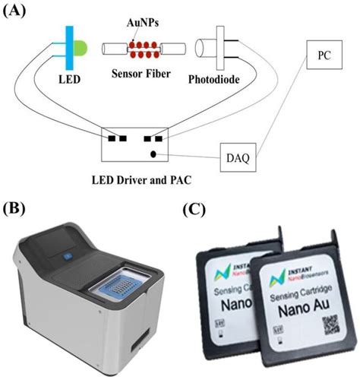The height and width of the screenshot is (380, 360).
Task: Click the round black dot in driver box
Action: tap(154, 154)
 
